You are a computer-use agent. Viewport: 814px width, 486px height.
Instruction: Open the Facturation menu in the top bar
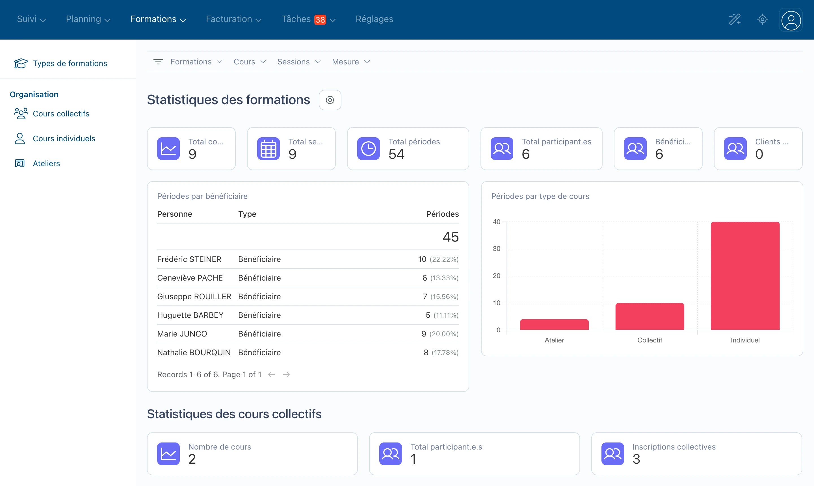point(233,19)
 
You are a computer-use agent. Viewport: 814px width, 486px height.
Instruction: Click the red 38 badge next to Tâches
point(320,20)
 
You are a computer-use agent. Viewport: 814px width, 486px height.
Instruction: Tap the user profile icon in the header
point(791,20)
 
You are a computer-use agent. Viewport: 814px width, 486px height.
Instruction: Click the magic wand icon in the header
point(735,19)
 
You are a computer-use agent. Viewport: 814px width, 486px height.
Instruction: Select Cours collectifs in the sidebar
point(61,114)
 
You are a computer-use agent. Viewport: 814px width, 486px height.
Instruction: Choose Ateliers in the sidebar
point(46,163)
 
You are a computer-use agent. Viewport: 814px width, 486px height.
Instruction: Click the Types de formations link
point(70,63)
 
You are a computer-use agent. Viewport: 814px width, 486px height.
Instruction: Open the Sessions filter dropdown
point(298,62)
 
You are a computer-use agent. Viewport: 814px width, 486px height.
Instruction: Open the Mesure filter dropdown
point(350,62)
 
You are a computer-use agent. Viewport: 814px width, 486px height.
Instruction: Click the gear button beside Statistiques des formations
point(330,100)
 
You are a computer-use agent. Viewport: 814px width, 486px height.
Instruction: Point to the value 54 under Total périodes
point(396,154)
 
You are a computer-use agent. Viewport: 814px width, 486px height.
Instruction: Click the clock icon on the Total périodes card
point(368,148)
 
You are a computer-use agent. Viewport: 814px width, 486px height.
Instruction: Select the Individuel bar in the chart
point(745,275)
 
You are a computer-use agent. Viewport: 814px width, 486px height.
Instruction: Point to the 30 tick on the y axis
point(496,249)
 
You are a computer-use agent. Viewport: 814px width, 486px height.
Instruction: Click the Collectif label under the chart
point(650,340)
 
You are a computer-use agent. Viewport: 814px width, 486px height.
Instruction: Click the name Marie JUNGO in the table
point(182,334)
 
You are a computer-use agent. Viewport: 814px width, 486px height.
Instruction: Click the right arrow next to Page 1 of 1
point(286,374)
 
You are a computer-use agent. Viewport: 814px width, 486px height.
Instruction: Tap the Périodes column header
point(442,214)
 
